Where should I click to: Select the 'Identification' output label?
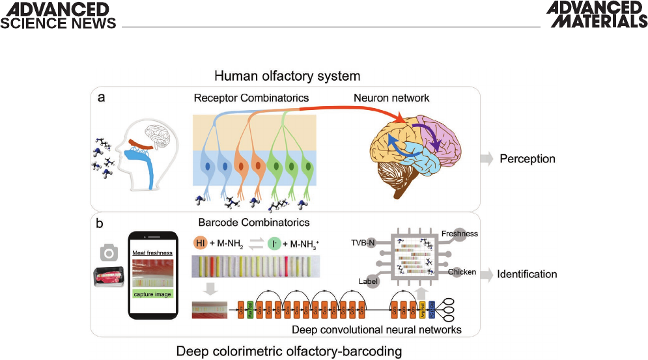528,275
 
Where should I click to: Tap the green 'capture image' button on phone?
153,294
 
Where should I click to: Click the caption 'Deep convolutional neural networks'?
376,330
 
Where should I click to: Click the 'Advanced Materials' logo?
597,15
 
